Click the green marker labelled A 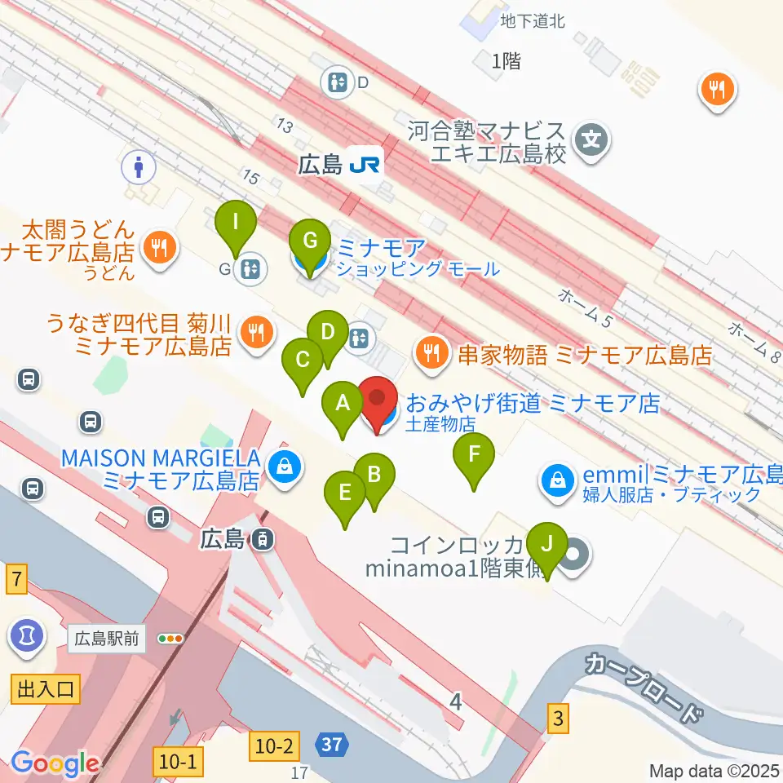tap(343, 403)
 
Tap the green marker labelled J tap(546, 543)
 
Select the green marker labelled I tap(235, 221)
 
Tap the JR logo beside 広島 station tap(365, 165)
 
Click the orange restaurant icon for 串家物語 tap(431, 353)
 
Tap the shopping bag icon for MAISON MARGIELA tap(286, 467)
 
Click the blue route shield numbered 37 tap(333, 744)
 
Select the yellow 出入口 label tap(45, 690)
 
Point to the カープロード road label tap(644, 685)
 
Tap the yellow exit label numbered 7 tap(16, 582)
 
